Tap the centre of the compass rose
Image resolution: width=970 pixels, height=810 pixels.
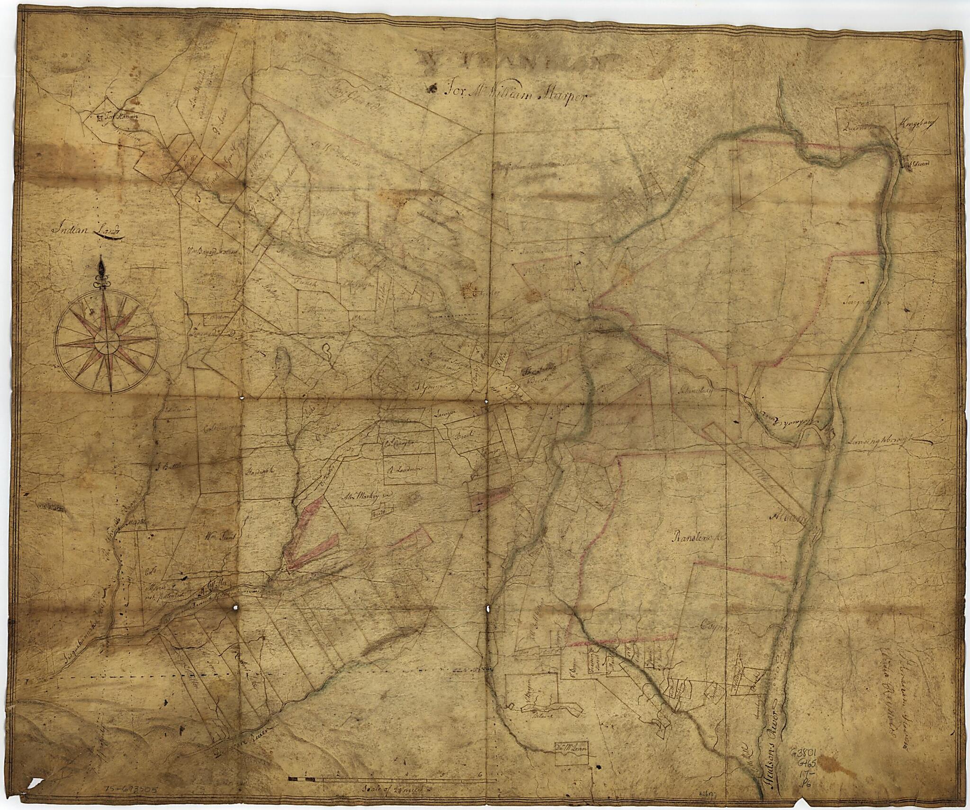[x=107, y=340]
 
